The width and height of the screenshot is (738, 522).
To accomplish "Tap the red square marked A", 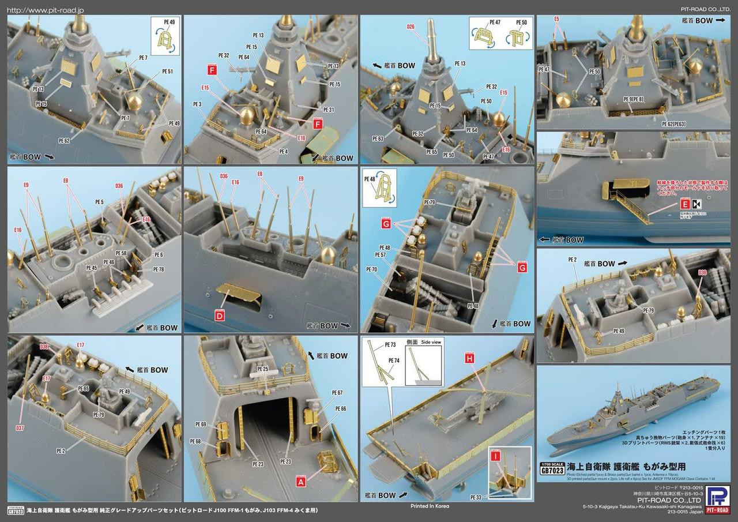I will click(300, 478).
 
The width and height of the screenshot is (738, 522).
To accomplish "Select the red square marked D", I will click(220, 315).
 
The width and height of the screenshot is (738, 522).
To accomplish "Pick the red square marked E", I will click(685, 203).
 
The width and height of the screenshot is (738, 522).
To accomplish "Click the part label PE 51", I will click(168, 72).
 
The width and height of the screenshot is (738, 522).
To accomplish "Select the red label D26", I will click(410, 27).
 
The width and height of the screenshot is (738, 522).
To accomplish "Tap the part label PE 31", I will click(329, 110).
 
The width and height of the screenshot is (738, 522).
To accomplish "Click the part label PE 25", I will click(263, 369).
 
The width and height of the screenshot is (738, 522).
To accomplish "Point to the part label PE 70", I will click(371, 269).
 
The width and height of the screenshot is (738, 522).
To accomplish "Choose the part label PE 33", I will click(476, 497).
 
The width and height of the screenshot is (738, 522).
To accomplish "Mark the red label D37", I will click(20, 427).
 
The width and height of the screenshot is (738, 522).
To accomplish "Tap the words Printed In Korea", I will click(426, 506).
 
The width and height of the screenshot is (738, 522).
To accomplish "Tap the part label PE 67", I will click(337, 393).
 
